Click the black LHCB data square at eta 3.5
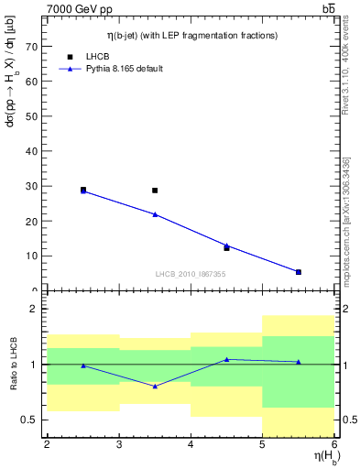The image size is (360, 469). tap(155, 191)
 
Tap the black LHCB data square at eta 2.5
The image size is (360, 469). tap(83, 190)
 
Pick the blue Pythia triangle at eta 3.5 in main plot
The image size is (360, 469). tap(155, 214)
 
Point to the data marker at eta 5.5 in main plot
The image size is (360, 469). tap(299, 272)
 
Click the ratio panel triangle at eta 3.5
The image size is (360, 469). tap(155, 387)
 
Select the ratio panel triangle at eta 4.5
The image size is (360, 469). tap(227, 359)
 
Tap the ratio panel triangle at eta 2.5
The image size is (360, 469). tap(83, 365)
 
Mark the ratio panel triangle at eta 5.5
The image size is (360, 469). tap(299, 362)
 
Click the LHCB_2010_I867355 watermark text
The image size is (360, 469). tap(191, 274)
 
